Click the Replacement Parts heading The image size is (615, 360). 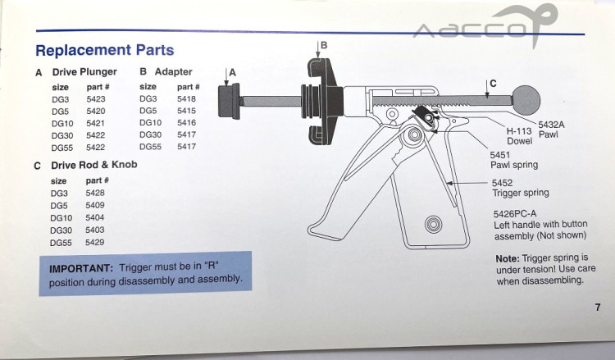(104, 50)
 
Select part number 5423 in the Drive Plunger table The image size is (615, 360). (96, 99)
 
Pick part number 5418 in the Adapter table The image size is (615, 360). (186, 99)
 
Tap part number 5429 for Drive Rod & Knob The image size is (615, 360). (95, 243)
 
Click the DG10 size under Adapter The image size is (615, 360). (150, 123)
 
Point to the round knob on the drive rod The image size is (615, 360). (526, 99)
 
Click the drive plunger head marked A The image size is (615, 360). (229, 101)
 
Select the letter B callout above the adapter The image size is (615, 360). (324, 45)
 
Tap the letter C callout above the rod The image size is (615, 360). (493, 84)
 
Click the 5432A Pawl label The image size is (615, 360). (551, 130)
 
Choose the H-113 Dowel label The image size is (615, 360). (519, 136)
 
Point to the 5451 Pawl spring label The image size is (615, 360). (514, 160)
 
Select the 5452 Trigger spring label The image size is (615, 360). (521, 188)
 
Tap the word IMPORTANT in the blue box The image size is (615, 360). (81, 269)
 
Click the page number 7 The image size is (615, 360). (597, 307)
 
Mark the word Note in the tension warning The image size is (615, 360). (507, 259)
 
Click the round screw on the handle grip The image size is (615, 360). (433, 225)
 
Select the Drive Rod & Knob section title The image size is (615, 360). (94, 165)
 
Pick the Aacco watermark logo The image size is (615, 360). (486, 25)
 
